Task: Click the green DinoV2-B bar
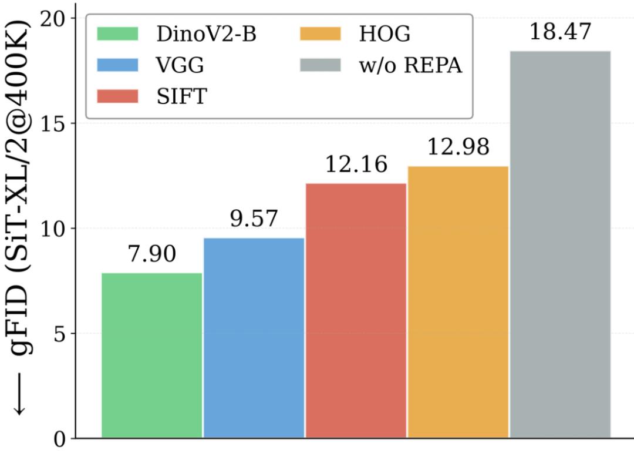(x=152, y=355)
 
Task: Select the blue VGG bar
(x=254, y=338)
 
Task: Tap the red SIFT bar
(x=356, y=311)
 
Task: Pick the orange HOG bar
(x=458, y=302)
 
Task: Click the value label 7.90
(x=151, y=256)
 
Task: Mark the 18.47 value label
(x=560, y=32)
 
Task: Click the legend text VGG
(x=180, y=65)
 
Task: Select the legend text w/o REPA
(x=411, y=65)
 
